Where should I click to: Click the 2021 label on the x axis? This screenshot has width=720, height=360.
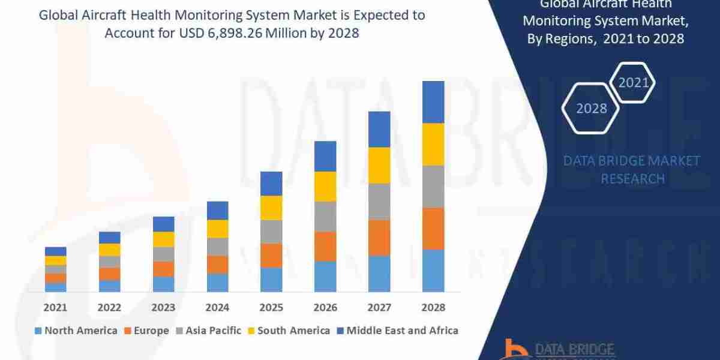55,307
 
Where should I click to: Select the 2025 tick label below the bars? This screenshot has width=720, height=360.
271,307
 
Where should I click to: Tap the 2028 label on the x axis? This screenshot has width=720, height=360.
433,307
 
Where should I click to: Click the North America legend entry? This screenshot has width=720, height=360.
76,331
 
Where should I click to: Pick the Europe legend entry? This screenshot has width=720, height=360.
148,331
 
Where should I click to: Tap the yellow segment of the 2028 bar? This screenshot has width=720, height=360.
433,144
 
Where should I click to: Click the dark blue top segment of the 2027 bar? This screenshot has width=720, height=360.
379,129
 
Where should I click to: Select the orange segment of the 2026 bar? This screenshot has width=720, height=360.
325,246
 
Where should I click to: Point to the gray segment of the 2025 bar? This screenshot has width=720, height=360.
271,231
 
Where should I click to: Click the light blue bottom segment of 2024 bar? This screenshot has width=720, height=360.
217,283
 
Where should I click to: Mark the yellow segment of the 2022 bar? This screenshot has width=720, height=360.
109,250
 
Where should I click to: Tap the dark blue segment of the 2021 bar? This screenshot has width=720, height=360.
55,251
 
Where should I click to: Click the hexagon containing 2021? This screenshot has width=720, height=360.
633,82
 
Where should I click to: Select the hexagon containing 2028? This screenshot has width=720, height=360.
591,109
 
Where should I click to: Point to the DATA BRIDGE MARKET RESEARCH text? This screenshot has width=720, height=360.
632,169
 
